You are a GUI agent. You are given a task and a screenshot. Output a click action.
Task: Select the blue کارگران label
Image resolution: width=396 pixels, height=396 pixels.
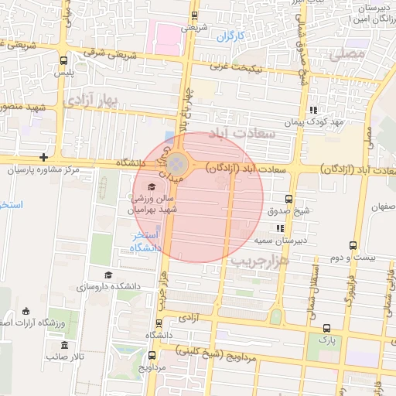pos(230,36)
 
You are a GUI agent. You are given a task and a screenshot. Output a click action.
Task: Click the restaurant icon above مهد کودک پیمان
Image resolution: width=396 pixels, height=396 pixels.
pos(313,110)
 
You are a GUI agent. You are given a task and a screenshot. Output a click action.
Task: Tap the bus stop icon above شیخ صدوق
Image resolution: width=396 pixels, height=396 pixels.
pos(288,199)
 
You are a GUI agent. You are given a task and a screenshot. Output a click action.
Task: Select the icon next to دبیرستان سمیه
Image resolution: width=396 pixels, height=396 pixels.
pos(280,229)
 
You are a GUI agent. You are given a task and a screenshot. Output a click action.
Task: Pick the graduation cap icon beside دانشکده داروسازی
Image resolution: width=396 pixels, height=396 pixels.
pos(108,275)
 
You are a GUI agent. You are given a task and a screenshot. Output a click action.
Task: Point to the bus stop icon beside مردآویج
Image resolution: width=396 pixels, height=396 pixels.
pos(152,356)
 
